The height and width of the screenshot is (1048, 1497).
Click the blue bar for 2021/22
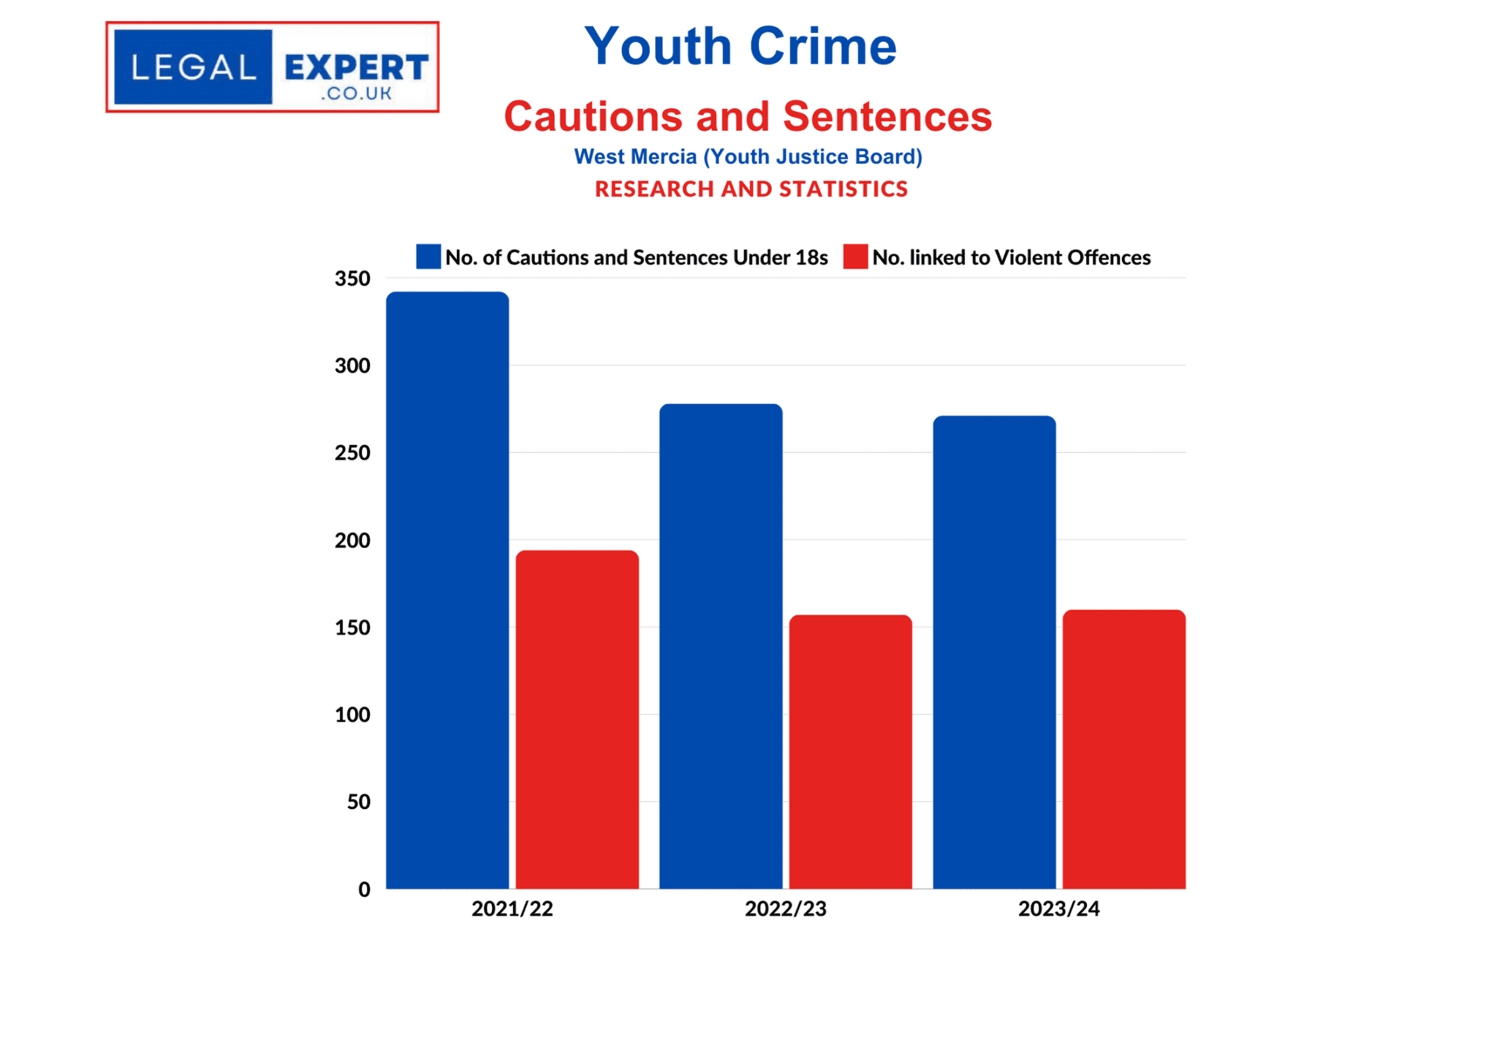[x=447, y=590]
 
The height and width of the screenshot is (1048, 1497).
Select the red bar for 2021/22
[x=577, y=719]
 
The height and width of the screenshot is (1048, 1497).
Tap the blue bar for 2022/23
[x=721, y=646]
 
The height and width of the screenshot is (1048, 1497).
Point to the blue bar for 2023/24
[x=994, y=652]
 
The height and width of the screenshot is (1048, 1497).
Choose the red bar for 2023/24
[x=1123, y=749]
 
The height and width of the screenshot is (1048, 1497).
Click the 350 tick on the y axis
[x=352, y=278]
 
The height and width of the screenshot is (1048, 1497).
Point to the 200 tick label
[x=352, y=541]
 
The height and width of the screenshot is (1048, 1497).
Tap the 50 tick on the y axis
[x=358, y=802]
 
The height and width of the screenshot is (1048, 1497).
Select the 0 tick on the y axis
[x=364, y=889]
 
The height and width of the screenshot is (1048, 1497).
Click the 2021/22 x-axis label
[x=512, y=908]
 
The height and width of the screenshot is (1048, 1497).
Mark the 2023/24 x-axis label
[x=1058, y=908]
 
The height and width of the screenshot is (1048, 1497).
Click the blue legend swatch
[x=428, y=257]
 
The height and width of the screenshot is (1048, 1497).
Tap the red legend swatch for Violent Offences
[x=855, y=257]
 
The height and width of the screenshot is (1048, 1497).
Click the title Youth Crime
[x=740, y=46]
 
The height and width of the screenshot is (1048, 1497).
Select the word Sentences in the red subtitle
[x=887, y=116]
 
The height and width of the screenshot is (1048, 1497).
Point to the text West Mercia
[x=634, y=156]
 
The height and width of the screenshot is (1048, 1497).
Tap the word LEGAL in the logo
[x=194, y=68]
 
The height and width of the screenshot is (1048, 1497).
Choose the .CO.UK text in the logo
[x=356, y=94]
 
